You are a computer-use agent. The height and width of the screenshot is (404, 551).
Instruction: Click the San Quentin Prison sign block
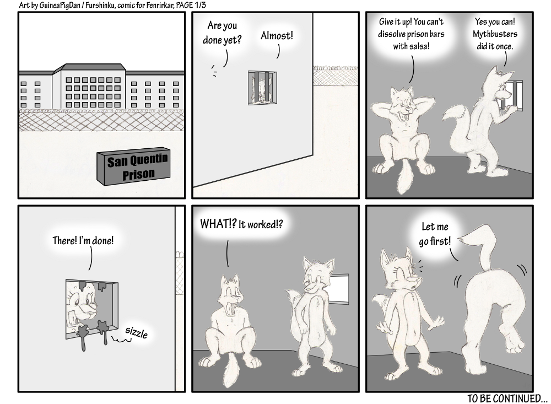point(133,166)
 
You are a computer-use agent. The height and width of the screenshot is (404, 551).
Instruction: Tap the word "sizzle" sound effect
point(136,332)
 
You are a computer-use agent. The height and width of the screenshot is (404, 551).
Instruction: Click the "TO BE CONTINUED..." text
point(507,398)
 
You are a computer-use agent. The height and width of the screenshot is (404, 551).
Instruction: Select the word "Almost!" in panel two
point(277,35)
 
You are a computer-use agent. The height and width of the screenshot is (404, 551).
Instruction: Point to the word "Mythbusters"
point(495,34)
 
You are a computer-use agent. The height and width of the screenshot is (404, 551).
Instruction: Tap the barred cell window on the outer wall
point(262,88)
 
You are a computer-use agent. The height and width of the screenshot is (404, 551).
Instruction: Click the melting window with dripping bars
point(91,309)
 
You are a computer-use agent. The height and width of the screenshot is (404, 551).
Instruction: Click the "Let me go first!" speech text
point(435,234)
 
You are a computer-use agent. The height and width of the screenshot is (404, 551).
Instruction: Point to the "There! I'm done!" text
point(83,240)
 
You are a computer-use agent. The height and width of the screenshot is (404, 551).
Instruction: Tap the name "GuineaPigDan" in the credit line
point(57,6)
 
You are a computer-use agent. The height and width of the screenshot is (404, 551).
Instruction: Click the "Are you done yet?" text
point(222,33)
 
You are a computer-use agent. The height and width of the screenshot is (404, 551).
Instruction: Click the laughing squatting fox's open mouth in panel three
point(407,112)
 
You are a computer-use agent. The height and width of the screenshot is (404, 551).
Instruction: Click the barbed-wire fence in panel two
point(336,76)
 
